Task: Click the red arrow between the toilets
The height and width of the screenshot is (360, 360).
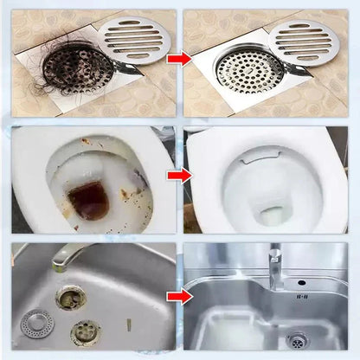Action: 178,176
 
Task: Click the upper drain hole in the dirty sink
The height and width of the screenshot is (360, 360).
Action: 70,299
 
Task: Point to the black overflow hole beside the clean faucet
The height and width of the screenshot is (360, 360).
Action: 300,281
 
